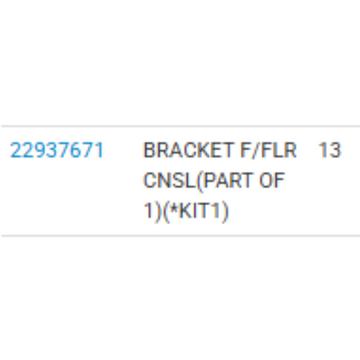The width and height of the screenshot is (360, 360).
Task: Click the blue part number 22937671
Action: (x=57, y=151)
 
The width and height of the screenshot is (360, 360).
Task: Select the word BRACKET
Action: (x=188, y=151)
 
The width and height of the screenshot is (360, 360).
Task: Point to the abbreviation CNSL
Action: (x=170, y=180)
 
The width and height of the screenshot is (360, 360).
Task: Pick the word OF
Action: (x=272, y=180)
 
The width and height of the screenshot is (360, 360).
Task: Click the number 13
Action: (x=330, y=151)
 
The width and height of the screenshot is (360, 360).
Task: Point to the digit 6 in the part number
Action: (x=74, y=151)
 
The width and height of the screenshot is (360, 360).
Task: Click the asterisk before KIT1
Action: (x=173, y=207)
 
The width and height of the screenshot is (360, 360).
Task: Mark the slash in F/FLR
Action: (x=254, y=151)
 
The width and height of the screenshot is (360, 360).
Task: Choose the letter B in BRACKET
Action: (x=149, y=151)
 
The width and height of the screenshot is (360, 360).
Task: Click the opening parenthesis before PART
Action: (x=199, y=181)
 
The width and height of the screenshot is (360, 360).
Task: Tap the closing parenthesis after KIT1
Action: (x=224, y=211)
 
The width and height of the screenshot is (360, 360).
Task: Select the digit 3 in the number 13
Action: (x=335, y=151)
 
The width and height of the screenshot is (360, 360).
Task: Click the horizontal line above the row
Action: (x=181, y=126)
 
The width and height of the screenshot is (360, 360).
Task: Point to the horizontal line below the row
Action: (x=181, y=235)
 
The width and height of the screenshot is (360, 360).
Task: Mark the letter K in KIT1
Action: (x=185, y=210)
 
